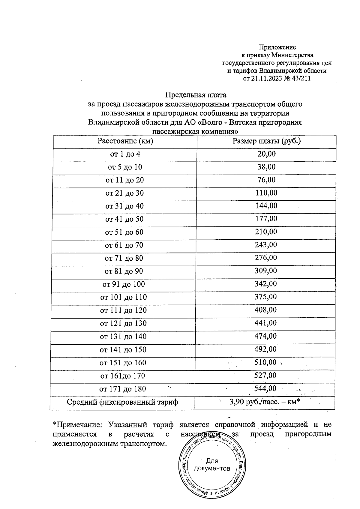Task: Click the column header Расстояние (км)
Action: click(x=125, y=141)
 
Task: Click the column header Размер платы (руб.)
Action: click(x=266, y=141)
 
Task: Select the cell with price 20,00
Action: click(x=266, y=154)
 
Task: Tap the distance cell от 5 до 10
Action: click(x=125, y=167)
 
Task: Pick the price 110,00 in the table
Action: click(x=266, y=193)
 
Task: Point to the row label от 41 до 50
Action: click(x=124, y=219)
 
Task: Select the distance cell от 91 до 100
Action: click(x=124, y=284)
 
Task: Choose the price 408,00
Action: click(x=266, y=310)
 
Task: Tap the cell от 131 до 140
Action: click(x=123, y=337)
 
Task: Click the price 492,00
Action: click(x=265, y=349)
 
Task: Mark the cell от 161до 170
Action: click(x=123, y=376)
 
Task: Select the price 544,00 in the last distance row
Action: click(x=265, y=389)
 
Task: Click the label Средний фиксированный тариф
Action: click(x=122, y=402)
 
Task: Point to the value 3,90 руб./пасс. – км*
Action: click(x=265, y=402)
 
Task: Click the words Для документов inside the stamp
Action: click(x=212, y=465)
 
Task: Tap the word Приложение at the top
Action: click(x=277, y=47)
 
